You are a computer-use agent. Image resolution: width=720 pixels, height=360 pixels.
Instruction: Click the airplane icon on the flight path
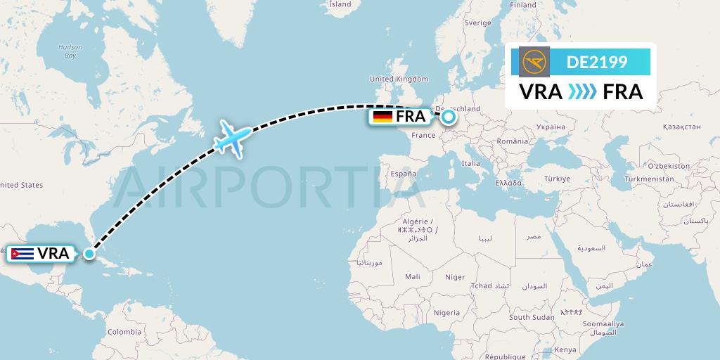pyautogui.click(x=231, y=137)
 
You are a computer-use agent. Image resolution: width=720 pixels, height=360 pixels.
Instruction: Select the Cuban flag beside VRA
pyautogui.click(x=22, y=254)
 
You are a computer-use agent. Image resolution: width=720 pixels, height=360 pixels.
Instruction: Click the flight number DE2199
pyautogui.click(x=597, y=63)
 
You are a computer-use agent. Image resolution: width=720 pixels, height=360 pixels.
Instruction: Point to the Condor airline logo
pyautogui.click(x=534, y=62)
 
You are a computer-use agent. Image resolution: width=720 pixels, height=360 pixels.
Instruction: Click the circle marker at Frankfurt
pyautogui.click(x=448, y=117)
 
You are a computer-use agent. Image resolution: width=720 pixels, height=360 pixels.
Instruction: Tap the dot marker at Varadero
pyautogui.click(x=89, y=254)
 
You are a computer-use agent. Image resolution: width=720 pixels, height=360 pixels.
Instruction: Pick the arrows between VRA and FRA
pyautogui.click(x=581, y=91)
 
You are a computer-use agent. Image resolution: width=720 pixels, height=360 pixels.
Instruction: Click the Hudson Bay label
pyautogui.click(x=70, y=51)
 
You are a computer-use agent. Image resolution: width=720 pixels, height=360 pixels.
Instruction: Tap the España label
pyautogui.click(x=404, y=173)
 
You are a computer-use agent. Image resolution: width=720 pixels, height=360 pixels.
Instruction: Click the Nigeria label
pyautogui.click(x=446, y=312)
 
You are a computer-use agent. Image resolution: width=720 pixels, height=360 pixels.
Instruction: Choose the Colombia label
pyautogui.click(x=124, y=331)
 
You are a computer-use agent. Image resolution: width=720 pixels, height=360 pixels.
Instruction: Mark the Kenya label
pyautogui.click(x=565, y=349)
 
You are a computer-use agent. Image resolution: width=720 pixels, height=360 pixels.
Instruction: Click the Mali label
pyautogui.click(x=412, y=277)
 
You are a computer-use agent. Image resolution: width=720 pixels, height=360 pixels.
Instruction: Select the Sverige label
pyautogui.click(x=477, y=22)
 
